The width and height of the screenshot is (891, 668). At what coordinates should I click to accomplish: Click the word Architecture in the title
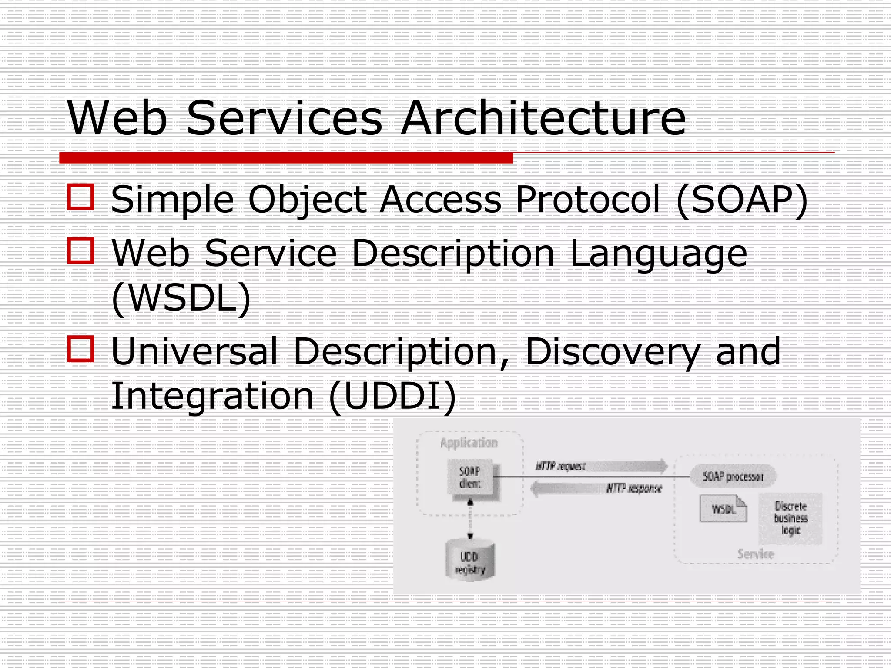click(543, 118)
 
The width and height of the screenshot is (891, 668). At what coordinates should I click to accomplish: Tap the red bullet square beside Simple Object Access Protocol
click(81, 197)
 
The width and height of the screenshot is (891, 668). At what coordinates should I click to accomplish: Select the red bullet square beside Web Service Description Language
click(81, 250)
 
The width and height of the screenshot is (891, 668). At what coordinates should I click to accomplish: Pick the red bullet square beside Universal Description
click(81, 349)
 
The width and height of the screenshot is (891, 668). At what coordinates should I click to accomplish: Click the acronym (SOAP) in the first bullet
click(742, 200)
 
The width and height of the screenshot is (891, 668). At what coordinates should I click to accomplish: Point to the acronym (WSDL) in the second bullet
click(181, 298)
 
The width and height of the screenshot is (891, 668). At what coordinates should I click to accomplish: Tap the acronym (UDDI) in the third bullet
click(392, 396)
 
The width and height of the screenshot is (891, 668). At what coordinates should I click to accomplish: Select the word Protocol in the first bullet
click(587, 200)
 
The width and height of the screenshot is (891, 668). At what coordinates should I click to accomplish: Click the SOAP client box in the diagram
click(472, 478)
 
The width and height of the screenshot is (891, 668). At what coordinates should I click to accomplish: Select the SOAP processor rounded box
click(733, 477)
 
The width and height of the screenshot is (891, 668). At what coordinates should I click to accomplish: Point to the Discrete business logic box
click(791, 518)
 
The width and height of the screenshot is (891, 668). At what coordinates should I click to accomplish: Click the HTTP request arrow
click(600, 466)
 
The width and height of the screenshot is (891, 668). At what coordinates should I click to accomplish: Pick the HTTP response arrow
click(596, 488)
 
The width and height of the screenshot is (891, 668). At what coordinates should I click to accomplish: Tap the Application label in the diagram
click(469, 443)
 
